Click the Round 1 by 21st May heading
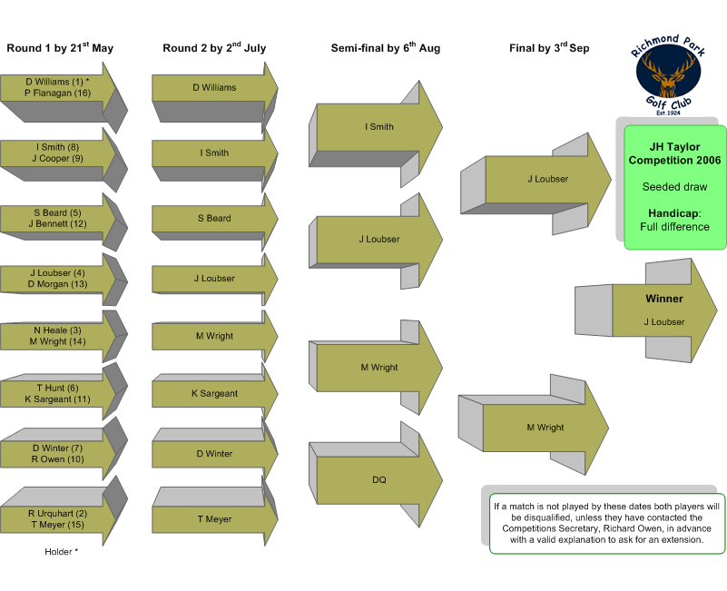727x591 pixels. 60,48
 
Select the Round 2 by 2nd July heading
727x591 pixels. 214,48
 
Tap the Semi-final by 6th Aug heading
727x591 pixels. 386,48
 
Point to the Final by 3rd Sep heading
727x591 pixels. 549,48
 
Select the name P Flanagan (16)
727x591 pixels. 57,94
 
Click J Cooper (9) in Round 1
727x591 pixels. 57,159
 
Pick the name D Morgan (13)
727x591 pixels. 57,284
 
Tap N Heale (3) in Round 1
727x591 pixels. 57,330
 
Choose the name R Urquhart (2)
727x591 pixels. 57,514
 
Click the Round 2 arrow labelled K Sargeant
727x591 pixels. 215,393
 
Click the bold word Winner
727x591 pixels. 664,299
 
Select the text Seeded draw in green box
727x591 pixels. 674,187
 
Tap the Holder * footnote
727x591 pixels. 61,552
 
